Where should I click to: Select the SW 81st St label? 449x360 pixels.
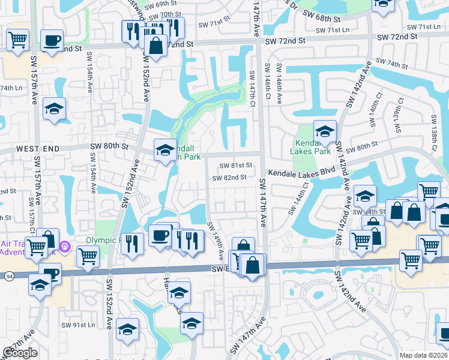click(235, 166)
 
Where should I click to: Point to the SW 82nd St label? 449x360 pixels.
click(229, 178)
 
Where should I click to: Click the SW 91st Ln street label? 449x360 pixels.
click(79, 325)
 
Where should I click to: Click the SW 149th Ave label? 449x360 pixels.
click(215, 240)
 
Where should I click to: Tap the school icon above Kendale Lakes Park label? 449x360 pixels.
click(325, 132)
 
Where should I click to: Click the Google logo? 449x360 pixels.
click(20, 353)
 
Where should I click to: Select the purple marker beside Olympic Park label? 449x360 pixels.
click(66, 247)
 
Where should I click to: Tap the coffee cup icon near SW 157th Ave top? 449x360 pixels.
click(52, 41)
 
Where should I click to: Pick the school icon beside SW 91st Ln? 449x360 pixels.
click(127, 329)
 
